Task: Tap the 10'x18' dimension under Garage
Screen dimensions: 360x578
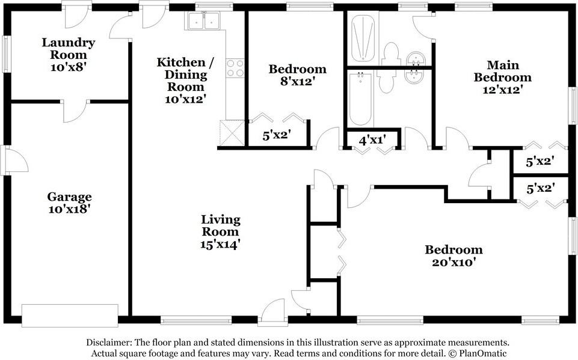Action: coord(70,209)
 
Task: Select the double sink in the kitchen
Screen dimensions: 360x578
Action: coord(204,22)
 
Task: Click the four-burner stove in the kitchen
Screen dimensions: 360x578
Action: coord(235,68)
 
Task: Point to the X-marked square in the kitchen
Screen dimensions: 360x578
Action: coord(232,132)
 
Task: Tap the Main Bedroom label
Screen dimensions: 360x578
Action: coord(502,71)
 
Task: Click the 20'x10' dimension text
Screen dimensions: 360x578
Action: coord(453,262)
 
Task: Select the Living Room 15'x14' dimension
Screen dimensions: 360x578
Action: coord(220,244)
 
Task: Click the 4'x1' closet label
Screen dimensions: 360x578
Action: coord(372,140)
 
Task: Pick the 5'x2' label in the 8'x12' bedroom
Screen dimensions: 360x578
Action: coord(277,136)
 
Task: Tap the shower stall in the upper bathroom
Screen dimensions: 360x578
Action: coord(363,38)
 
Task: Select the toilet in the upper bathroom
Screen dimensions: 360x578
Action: coord(392,54)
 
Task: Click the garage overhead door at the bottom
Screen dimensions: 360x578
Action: coord(70,315)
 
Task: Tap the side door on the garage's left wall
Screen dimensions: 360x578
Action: coord(14,160)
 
